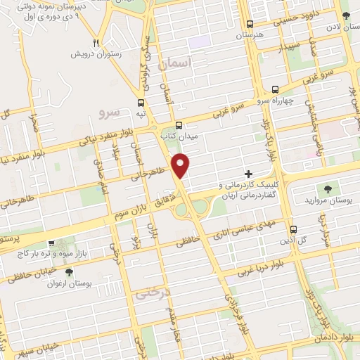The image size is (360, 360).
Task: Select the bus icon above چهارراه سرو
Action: click(x=274, y=90)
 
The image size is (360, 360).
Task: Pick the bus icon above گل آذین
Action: click(x=294, y=229)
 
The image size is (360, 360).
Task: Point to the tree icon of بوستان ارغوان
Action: click(x=68, y=272)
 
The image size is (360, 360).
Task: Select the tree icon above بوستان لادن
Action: click(x=345, y=15)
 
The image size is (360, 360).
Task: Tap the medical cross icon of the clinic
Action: click(x=247, y=173)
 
